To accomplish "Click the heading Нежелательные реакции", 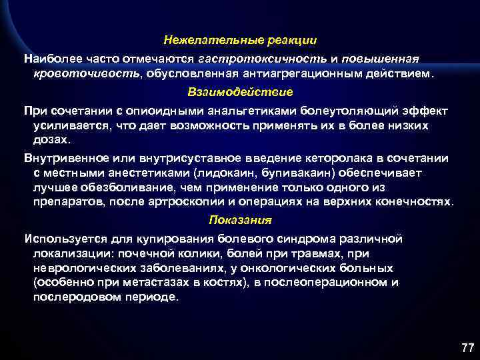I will [x=241, y=41].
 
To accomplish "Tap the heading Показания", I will [x=241, y=219].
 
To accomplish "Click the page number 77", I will [x=467, y=348].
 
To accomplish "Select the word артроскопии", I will [x=179, y=201].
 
